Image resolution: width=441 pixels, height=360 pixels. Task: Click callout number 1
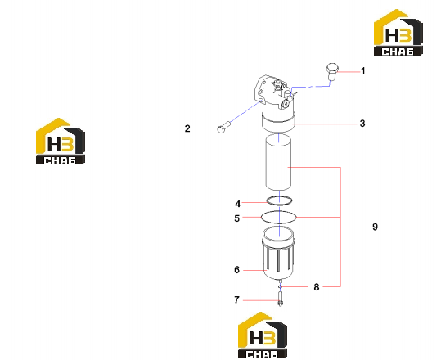(x=363, y=71)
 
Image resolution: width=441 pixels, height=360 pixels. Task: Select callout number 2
(x=187, y=128)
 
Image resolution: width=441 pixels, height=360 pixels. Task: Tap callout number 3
(x=362, y=124)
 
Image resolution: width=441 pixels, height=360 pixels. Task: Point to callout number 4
(x=238, y=204)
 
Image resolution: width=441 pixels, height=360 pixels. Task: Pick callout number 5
(x=237, y=218)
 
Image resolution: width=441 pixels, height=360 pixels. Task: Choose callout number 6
(x=236, y=270)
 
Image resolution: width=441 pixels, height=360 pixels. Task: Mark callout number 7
(x=236, y=299)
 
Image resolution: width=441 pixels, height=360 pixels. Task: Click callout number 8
(x=317, y=287)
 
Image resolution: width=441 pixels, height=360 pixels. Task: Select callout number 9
(x=375, y=227)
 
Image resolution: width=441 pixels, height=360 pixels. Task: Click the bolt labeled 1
(x=332, y=72)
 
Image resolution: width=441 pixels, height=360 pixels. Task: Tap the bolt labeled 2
(x=223, y=128)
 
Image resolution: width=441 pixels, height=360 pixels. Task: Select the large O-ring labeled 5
(x=279, y=211)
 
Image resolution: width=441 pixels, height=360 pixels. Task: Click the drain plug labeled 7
(x=280, y=299)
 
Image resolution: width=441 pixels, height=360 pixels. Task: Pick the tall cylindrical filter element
(x=279, y=162)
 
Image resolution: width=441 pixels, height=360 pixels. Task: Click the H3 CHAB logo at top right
(x=398, y=32)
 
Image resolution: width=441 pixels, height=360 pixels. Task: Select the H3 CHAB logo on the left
(x=61, y=142)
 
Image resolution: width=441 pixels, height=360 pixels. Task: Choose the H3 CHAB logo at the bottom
(x=263, y=335)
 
